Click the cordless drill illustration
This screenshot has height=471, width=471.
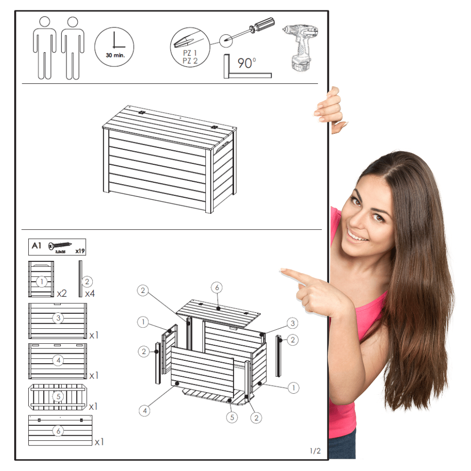click(300, 48)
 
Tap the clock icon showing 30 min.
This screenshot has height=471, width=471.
click(114, 47)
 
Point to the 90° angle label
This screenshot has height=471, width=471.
click(247, 63)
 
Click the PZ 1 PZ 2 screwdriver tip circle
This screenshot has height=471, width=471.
click(190, 47)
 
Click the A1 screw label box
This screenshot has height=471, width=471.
click(57, 247)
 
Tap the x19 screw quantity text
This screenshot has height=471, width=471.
click(80, 251)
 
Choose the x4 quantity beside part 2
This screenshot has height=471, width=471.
click(90, 293)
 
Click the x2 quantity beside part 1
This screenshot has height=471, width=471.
click(62, 293)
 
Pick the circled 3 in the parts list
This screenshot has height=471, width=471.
click(58, 318)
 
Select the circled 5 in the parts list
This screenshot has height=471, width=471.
click(58, 397)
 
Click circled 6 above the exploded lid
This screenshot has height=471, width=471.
click(217, 288)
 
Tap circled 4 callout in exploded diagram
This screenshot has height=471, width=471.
click(145, 411)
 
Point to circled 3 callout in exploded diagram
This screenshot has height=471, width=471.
click(292, 323)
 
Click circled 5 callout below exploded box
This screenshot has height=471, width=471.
click(232, 417)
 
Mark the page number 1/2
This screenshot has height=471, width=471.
click(315, 451)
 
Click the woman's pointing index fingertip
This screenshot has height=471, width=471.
click(282, 271)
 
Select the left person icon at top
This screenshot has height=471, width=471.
click(44, 48)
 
